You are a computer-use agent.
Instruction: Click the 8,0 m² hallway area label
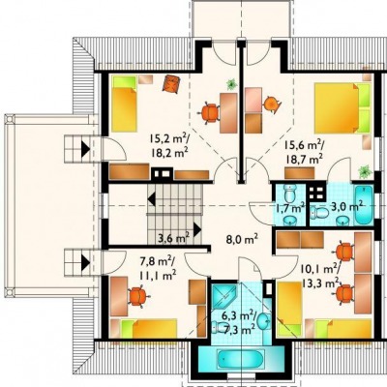[x=242, y=240]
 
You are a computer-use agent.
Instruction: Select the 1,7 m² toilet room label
[x=289, y=208]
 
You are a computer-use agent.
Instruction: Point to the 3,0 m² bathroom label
[x=347, y=206]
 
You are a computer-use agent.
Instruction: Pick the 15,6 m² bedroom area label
[x=304, y=151]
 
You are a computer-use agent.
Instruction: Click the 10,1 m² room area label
[x=320, y=275]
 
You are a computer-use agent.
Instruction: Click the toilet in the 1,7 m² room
[x=290, y=193]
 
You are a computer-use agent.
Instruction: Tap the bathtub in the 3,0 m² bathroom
[x=364, y=205]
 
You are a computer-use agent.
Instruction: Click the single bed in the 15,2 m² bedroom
[x=124, y=104]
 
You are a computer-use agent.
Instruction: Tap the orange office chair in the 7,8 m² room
[x=138, y=296]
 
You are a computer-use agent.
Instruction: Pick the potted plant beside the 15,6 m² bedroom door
[x=365, y=171]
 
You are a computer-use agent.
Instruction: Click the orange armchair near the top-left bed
[x=170, y=84]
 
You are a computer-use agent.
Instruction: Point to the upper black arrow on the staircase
[x=152, y=198]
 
